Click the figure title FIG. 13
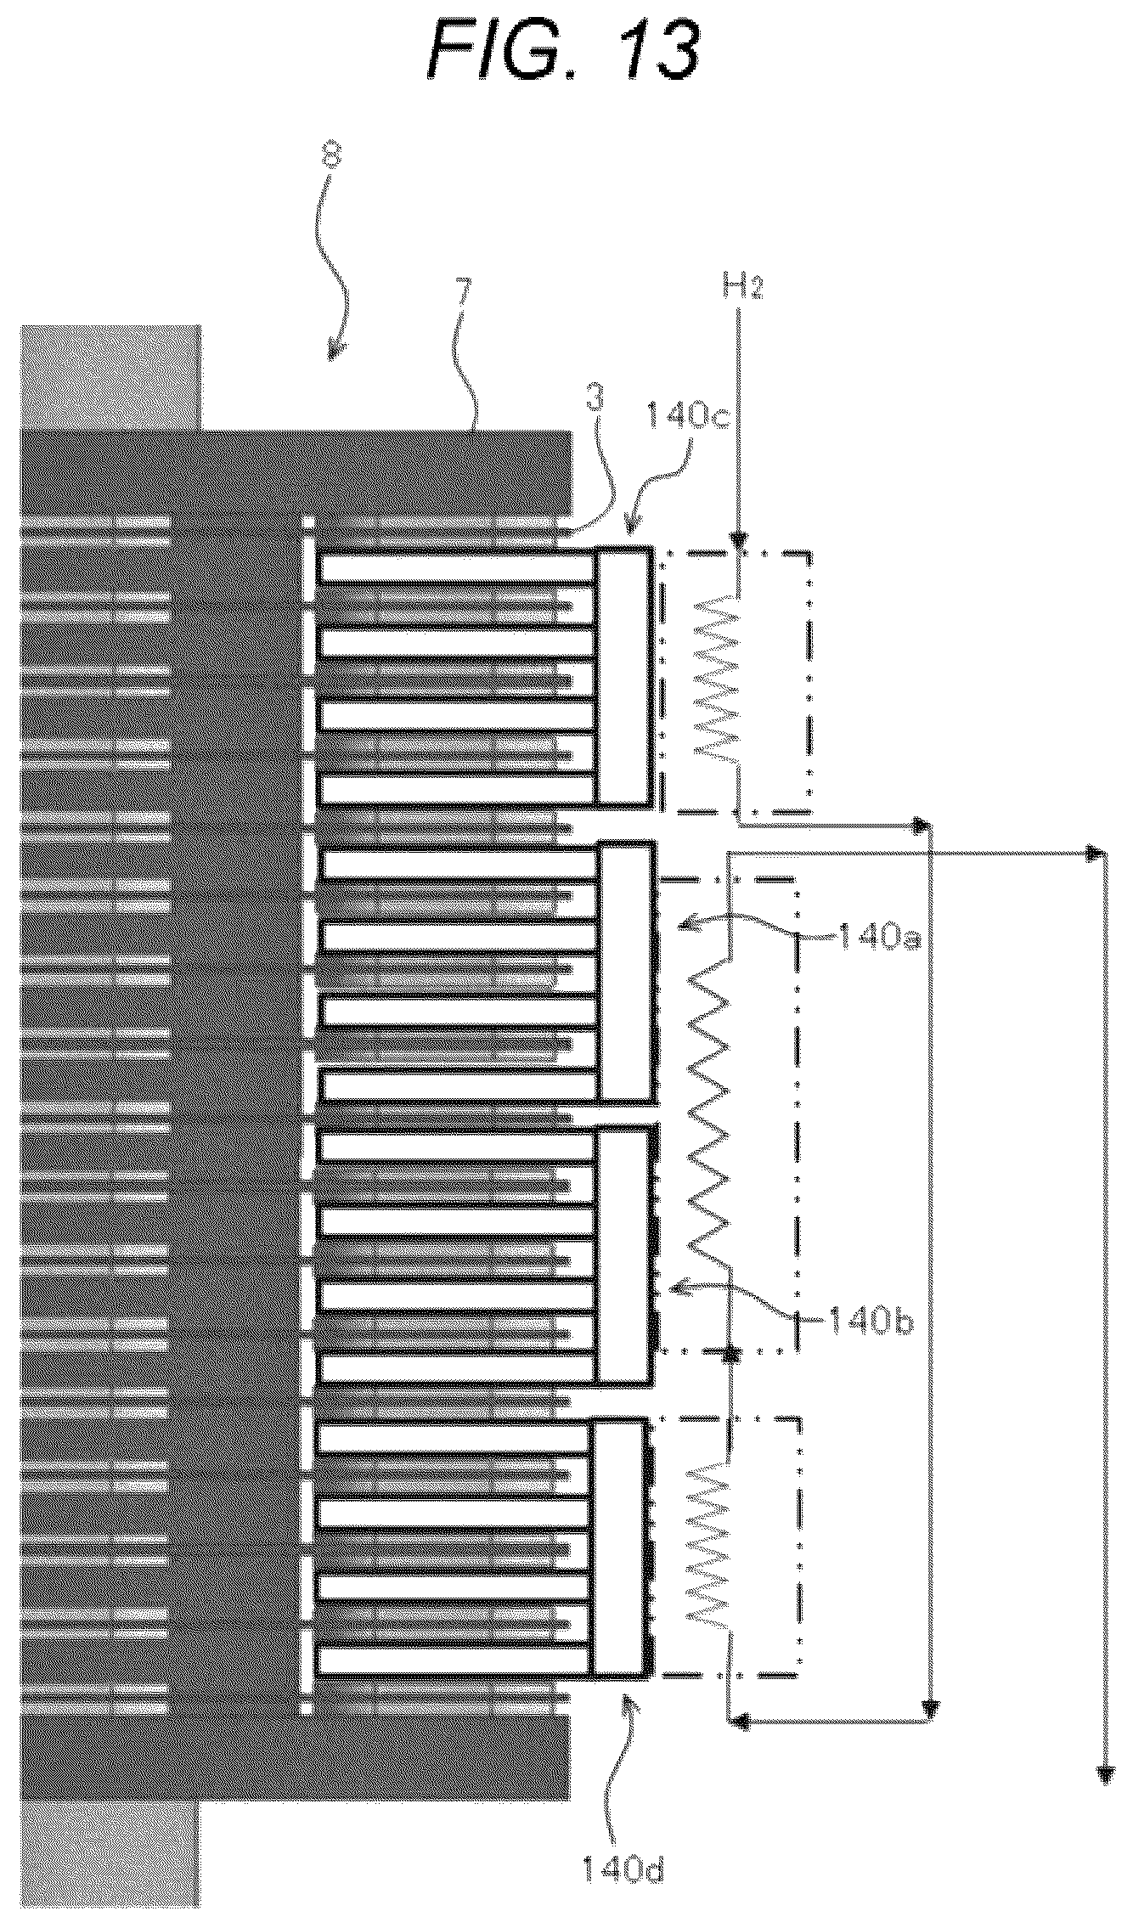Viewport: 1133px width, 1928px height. (564, 52)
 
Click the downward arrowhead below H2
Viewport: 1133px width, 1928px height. (740, 541)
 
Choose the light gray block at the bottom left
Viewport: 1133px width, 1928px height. (110, 1855)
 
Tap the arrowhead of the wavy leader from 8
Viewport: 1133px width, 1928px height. (335, 355)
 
